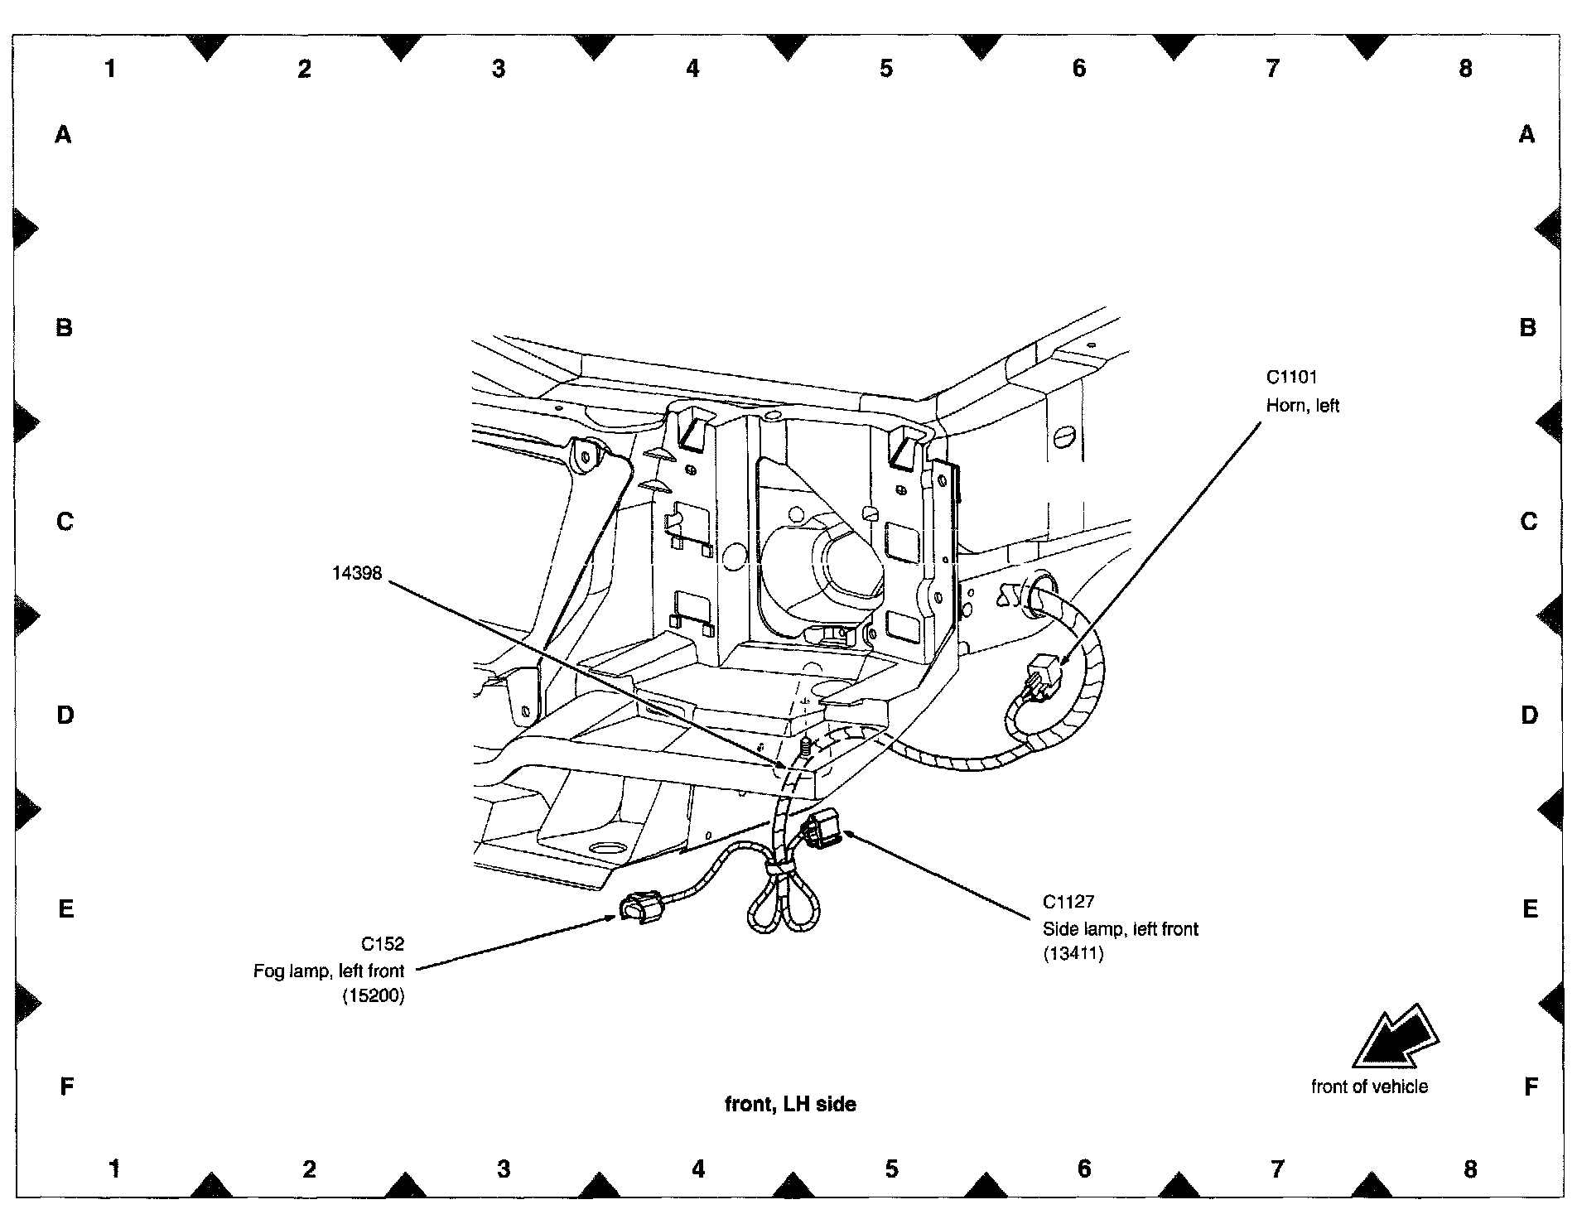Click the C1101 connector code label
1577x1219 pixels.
pyautogui.click(x=1291, y=378)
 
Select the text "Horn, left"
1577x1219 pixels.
pyautogui.click(x=1302, y=406)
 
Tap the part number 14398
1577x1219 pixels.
pyautogui.click(x=357, y=572)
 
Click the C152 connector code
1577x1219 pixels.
pyautogui.click(x=382, y=943)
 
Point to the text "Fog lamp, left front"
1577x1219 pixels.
pyautogui.click(x=329, y=971)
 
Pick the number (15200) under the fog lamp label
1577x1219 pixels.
pyautogui.click(x=373, y=997)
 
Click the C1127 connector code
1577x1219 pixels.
pyautogui.click(x=1068, y=902)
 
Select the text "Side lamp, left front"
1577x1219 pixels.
pyautogui.click(x=1120, y=929)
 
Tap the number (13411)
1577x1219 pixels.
pyautogui.click(x=1073, y=954)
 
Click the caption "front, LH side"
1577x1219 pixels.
pyautogui.click(x=790, y=1104)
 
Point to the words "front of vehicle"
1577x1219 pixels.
pyautogui.click(x=1369, y=1086)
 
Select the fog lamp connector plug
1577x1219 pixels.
pyautogui.click(x=642, y=905)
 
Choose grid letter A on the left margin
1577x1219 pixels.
pyautogui.click(x=64, y=134)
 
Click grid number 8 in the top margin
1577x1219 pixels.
pyautogui.click(x=1465, y=69)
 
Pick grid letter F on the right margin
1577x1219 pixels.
pyautogui.click(x=1531, y=1086)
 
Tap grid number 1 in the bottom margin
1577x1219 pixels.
pyautogui.click(x=115, y=1169)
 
